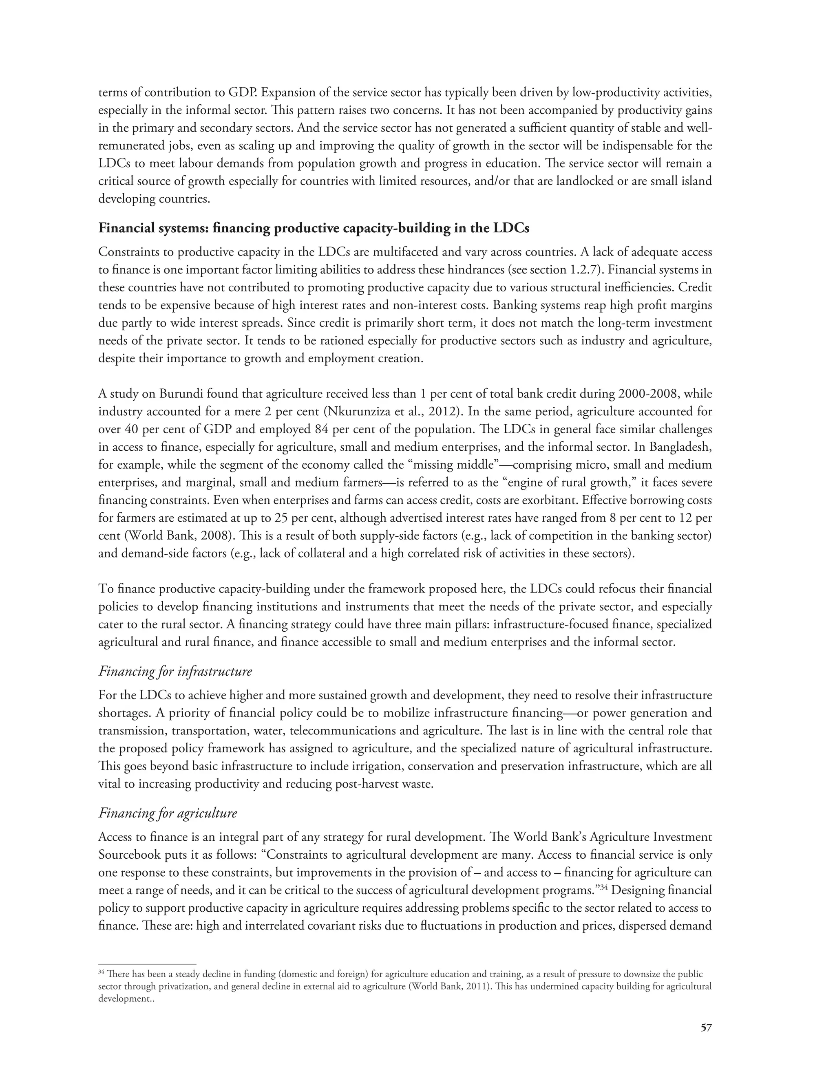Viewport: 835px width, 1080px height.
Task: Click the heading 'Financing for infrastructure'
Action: tap(175, 671)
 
